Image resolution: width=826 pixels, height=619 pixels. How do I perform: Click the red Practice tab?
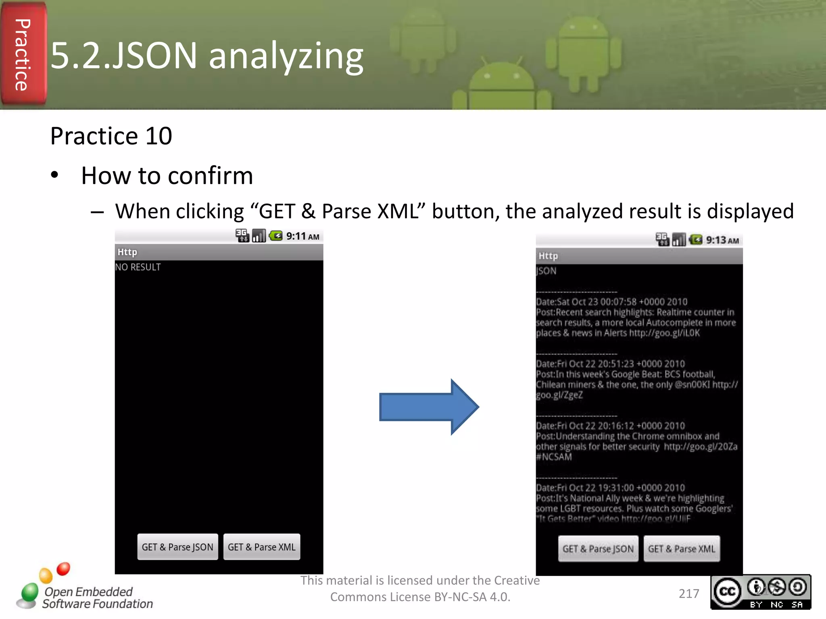tap(23, 54)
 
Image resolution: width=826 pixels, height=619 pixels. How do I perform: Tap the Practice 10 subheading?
tap(111, 136)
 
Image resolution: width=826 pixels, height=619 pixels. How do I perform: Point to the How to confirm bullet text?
tap(167, 176)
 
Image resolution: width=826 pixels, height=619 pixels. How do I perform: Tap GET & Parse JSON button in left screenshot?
tap(177, 547)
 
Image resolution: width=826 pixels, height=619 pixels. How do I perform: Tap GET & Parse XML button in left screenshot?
tap(261, 547)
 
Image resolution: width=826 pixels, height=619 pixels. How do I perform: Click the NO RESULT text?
tap(138, 267)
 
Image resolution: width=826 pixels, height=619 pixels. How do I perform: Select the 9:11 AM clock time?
tap(302, 236)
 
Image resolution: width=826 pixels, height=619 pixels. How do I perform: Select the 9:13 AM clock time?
tap(722, 241)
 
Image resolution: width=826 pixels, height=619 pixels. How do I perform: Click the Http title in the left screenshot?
tap(127, 252)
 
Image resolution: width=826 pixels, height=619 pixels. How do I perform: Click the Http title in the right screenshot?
tap(548, 256)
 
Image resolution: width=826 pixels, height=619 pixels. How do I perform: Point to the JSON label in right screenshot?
tap(546, 271)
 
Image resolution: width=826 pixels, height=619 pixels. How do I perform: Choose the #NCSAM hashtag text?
tap(554, 457)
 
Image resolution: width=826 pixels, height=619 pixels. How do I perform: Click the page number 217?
tap(689, 594)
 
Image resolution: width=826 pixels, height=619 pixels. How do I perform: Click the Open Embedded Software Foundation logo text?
tap(97, 598)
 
